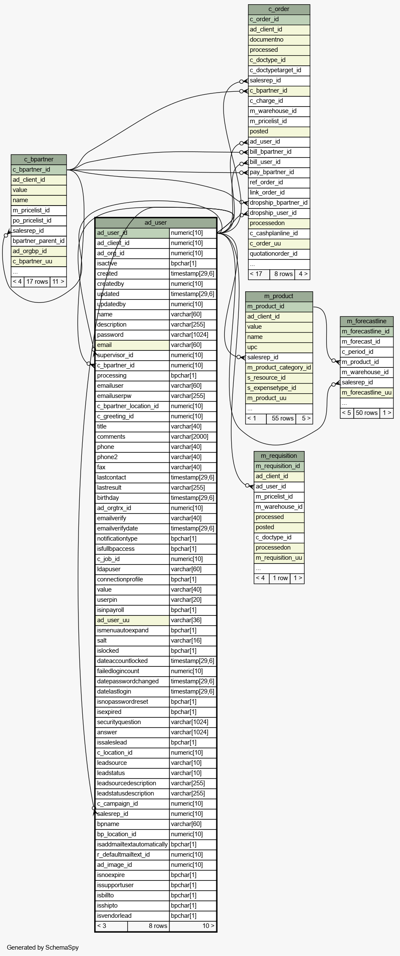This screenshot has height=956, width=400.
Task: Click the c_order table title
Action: coord(279,9)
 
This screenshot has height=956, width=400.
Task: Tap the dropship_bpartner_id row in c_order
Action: coord(279,203)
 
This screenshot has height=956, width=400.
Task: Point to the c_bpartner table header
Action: coord(39,160)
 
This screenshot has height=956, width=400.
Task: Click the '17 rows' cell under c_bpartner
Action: coord(37,282)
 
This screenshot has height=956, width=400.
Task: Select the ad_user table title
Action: coord(156,223)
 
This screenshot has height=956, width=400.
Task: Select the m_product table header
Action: coord(279,296)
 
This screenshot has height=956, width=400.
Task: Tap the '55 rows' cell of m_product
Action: coord(283,419)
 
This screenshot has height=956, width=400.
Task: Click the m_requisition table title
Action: coord(279,456)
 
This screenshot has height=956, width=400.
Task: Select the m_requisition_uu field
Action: coord(279,558)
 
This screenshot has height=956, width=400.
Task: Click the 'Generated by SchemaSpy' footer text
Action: coord(43,948)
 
